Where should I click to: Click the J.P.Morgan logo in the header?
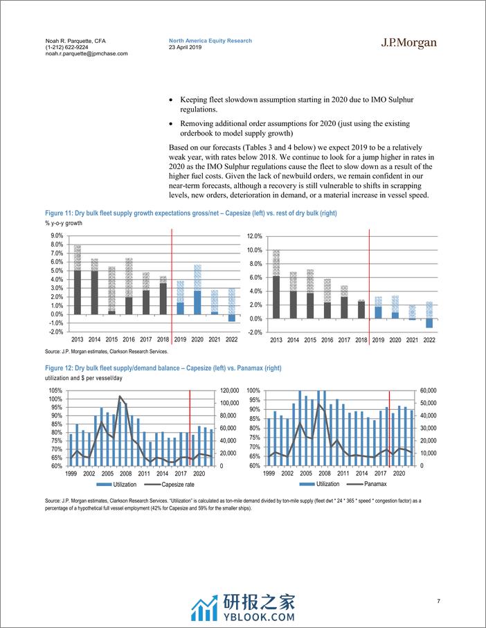point(409,44)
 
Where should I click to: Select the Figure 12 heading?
point(159,368)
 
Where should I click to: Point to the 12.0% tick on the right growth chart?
point(253,235)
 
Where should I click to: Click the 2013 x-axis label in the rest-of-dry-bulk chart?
point(276,340)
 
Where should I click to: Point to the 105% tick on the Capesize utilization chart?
point(55,391)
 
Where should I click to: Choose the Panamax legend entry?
point(372,484)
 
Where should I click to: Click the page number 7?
point(438,600)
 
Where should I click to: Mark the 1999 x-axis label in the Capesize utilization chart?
point(71,474)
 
